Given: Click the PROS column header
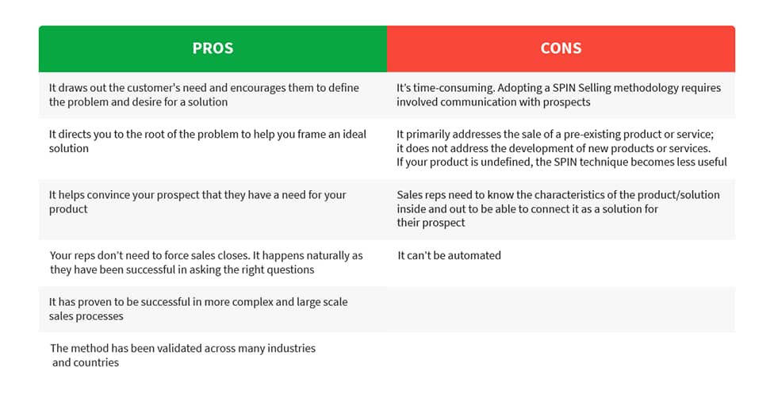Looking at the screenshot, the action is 213,48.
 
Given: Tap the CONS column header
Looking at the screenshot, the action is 561,48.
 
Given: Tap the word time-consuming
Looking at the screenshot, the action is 453,88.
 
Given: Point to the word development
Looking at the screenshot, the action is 539,148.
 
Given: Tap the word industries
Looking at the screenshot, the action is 291,348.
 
